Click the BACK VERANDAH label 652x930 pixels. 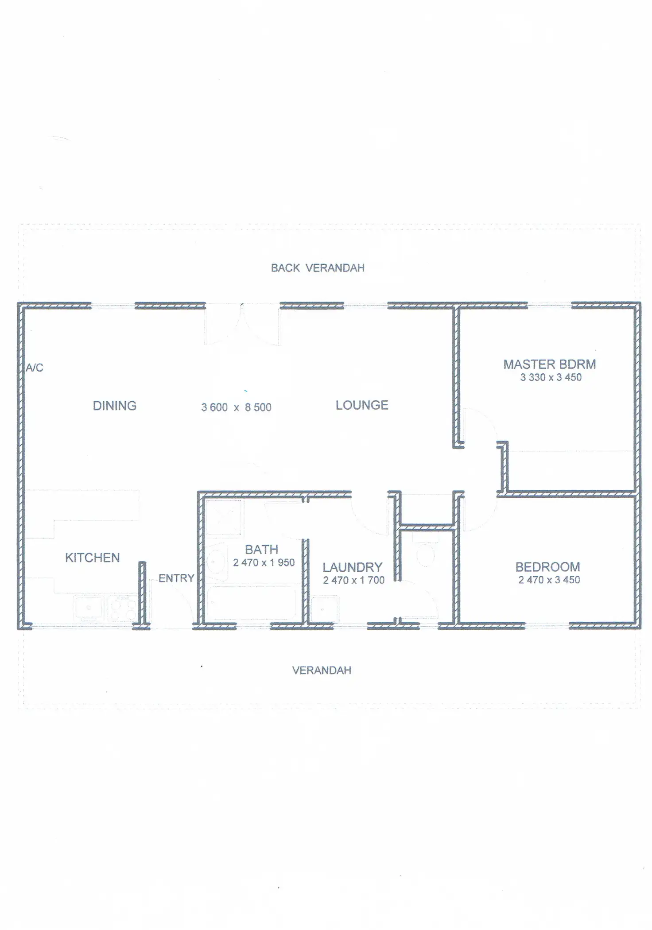pyautogui.click(x=318, y=268)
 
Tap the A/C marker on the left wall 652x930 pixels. pyautogui.click(x=35, y=368)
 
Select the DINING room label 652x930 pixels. pyautogui.click(x=115, y=406)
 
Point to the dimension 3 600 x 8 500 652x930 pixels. pyautogui.click(x=236, y=407)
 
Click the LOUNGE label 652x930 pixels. pyautogui.click(x=362, y=405)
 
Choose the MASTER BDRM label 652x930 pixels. pyautogui.click(x=549, y=364)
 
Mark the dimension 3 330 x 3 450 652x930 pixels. pyautogui.click(x=551, y=377)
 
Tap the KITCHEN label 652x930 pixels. pyautogui.click(x=93, y=558)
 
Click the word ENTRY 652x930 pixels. pyautogui.click(x=176, y=578)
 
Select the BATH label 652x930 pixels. pyautogui.click(x=261, y=550)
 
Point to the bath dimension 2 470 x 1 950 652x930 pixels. pyautogui.click(x=264, y=562)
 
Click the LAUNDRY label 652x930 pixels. pyautogui.click(x=352, y=567)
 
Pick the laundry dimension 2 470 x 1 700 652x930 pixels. pyautogui.click(x=353, y=580)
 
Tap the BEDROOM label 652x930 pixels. pyautogui.click(x=547, y=567)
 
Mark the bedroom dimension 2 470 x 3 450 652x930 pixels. pyautogui.click(x=549, y=580)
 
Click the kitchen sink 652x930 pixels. pyautogui.click(x=89, y=608)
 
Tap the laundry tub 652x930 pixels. pyautogui.click(x=324, y=609)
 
